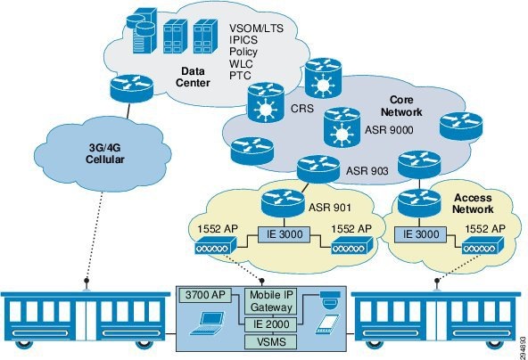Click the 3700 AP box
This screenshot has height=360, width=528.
coord(205,295)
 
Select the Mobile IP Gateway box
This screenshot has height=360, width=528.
coord(271,301)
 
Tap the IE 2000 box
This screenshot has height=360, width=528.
coord(271,324)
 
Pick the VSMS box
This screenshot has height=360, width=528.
coord(271,342)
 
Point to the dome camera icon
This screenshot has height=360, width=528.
coord(330,299)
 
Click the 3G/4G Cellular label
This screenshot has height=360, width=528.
coord(104,153)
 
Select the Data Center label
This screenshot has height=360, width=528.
coord(193,77)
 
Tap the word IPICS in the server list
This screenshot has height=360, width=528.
coord(243,40)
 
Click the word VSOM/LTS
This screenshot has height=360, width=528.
coord(256,28)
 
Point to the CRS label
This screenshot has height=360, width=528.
coord(302,109)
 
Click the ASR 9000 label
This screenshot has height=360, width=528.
coord(389,129)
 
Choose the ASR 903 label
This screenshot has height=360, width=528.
coord(367,171)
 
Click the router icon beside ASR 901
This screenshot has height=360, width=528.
coord(283,203)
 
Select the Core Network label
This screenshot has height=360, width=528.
coord(401,106)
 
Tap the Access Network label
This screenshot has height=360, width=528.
coord(473,203)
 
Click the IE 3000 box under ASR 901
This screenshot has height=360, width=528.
coord(285,234)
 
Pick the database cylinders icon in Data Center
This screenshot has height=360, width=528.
coord(141,30)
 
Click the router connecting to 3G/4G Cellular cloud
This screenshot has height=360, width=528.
coord(131,88)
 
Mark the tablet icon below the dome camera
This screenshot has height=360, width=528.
coord(328,324)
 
